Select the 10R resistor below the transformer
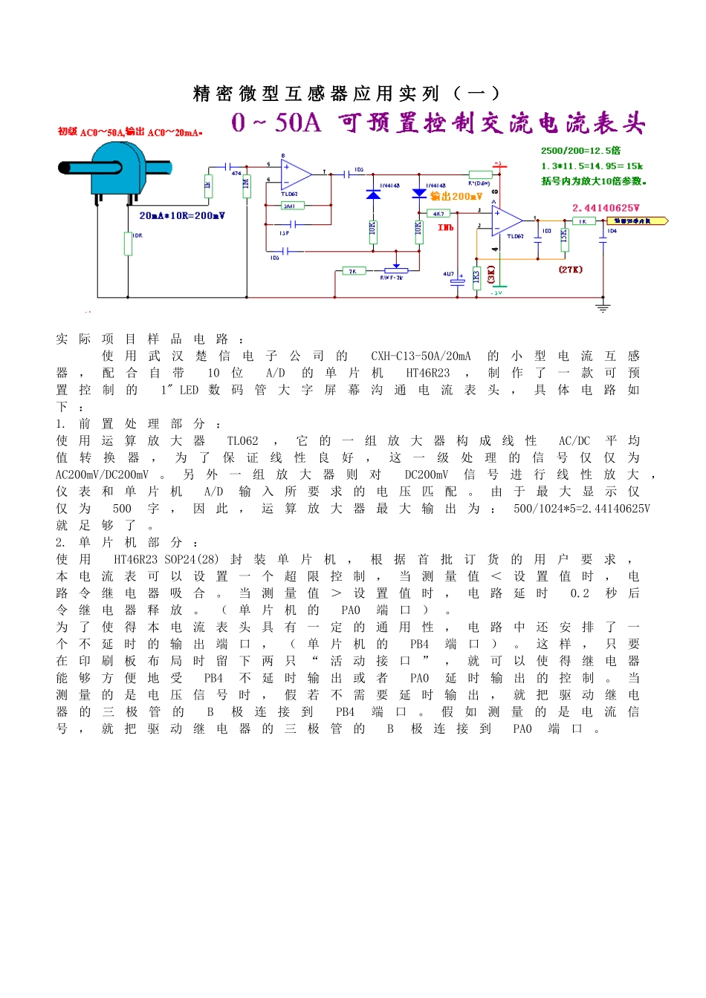pos(128,244)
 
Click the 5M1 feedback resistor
pos(290,206)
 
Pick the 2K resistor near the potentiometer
pos(354,271)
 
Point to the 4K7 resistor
pos(438,213)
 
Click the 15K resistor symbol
pos(563,236)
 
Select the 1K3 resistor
pos(476,277)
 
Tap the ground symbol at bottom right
pos(603,306)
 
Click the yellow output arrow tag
pos(637,221)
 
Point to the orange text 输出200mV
pos(456,197)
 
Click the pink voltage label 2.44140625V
pos(606,208)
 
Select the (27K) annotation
pos(571,269)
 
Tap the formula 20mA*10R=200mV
pos(182,216)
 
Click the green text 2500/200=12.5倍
pos(580,151)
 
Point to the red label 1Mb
pos(446,228)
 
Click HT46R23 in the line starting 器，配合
pos(427,373)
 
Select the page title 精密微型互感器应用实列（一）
pos(346,94)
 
